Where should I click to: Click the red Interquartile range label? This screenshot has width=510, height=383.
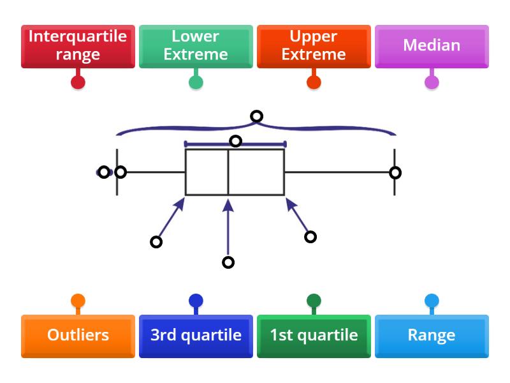tap(78, 46)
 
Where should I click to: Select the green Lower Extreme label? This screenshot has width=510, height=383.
tap(196, 46)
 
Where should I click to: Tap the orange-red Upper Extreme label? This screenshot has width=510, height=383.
tap(314, 46)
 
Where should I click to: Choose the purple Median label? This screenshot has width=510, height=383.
tap(432, 46)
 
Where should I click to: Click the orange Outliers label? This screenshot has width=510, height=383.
tap(78, 336)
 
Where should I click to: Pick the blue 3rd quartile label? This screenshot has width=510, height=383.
tap(196, 336)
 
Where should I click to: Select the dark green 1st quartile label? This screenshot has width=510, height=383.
tap(314, 336)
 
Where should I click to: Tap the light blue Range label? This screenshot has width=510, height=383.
tap(432, 336)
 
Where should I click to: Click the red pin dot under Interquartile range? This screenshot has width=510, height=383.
tap(78, 82)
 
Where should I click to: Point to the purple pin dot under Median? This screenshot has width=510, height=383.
tap(432, 82)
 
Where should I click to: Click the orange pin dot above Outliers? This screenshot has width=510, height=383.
tap(78, 301)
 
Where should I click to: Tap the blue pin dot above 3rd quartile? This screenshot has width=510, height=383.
tap(196, 301)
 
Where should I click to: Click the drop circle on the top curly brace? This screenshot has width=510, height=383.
tap(256, 116)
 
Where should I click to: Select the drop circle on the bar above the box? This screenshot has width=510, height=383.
tap(235, 141)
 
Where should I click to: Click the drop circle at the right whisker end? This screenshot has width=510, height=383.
tap(395, 172)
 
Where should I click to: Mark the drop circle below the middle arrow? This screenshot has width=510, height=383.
tap(228, 262)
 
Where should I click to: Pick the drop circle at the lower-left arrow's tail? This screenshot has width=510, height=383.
tap(156, 242)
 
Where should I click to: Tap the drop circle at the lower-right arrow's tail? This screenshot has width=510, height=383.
tap(310, 237)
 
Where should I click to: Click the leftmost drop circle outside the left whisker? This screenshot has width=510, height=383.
tap(103, 172)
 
